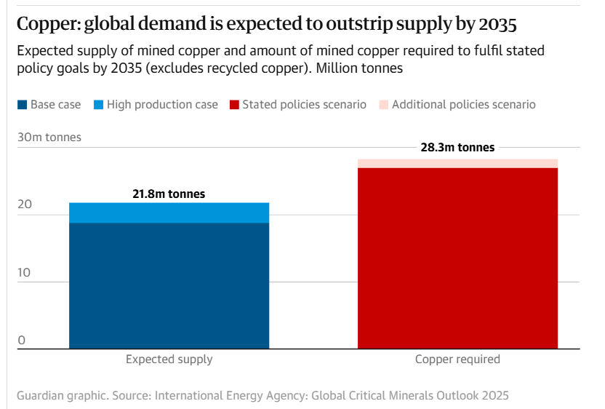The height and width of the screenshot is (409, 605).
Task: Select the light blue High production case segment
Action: (169, 213)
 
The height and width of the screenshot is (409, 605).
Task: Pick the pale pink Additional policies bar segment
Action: (457, 163)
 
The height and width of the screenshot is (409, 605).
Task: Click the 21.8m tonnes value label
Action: (169, 194)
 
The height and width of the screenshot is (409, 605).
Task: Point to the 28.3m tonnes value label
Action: (457, 148)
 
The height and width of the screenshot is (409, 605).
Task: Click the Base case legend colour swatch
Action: (22, 105)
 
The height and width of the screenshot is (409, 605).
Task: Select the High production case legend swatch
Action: (98, 105)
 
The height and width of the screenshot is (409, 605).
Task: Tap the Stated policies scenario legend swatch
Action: (234, 105)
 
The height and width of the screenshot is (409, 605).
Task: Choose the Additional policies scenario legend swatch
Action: (383, 105)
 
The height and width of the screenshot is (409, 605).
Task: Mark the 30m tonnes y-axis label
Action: (49, 137)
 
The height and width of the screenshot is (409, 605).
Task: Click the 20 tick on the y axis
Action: (25, 205)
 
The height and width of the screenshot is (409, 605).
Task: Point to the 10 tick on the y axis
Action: (25, 273)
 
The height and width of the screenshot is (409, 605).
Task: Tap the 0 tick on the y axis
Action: (22, 340)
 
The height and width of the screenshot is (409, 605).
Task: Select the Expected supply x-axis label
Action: (169, 360)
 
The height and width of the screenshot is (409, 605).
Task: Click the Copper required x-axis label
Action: (457, 360)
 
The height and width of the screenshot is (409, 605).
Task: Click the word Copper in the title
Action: (46, 25)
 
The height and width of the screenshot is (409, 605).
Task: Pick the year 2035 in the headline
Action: (498, 25)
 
